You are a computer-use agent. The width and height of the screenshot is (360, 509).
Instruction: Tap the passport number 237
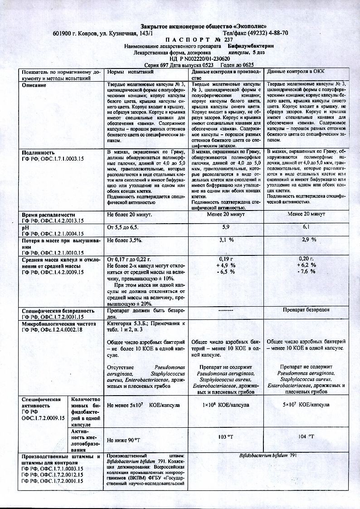228,39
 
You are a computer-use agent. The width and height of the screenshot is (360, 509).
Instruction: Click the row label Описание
34,85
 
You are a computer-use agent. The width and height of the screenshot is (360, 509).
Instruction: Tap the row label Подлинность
38,152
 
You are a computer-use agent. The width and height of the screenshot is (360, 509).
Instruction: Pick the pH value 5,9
225,226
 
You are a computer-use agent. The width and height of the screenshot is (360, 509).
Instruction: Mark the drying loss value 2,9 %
306,239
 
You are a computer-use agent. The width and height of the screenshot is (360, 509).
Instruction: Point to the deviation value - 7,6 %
306,272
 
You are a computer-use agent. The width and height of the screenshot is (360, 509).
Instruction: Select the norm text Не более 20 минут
129,214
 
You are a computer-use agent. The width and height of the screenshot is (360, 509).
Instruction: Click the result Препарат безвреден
306,310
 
